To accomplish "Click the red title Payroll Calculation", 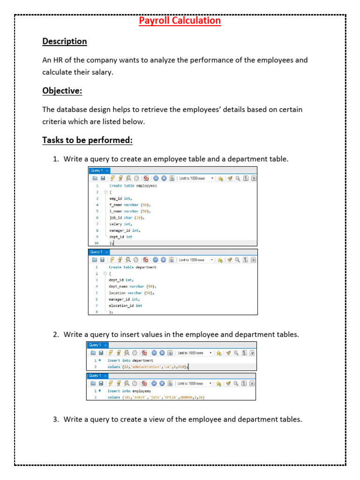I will [180, 21].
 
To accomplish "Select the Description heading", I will [65, 41].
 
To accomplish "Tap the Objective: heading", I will [62, 90].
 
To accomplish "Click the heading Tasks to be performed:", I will [87, 140].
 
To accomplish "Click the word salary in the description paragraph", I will [100, 72].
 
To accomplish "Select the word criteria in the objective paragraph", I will [55, 121].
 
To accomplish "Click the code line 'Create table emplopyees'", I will [133, 186].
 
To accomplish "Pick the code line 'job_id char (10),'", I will [127, 217].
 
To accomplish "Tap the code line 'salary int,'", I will [120, 224].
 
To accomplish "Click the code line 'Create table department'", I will [133, 267].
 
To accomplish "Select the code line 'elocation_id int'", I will [126, 306].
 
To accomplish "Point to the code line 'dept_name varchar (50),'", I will [132, 286].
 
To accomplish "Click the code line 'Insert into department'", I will [130, 360].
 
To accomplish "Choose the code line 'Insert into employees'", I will [129, 390].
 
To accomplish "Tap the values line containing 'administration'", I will [148, 367].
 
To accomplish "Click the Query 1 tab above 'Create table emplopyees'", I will [97, 170].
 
